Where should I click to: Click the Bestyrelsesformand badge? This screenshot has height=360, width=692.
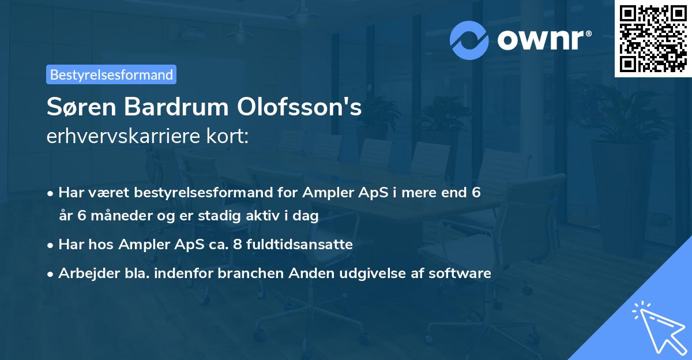pyautogui.click(x=111, y=74)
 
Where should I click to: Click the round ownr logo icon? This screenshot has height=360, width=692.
pyautogui.click(x=469, y=40)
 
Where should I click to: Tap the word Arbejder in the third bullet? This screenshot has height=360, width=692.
pyautogui.click(x=85, y=273)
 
